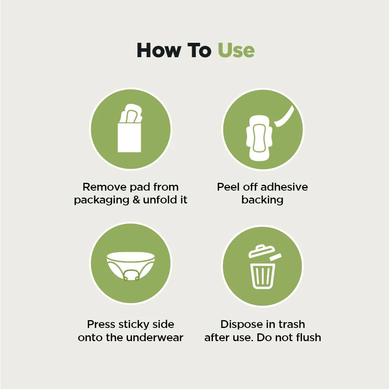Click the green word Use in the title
[236, 50]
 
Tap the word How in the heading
[159, 50]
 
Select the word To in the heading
[199, 50]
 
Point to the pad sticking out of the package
[131, 113]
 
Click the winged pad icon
[259, 138]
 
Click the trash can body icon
[263, 276]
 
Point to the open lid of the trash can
[262, 251]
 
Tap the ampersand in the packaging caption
[136, 200]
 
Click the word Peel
[228, 187]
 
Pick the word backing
[263, 200]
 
